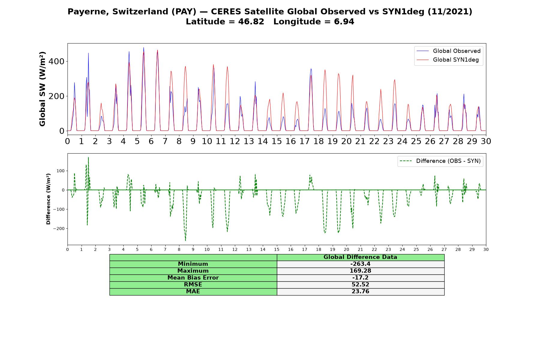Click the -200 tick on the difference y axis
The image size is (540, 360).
click(59, 229)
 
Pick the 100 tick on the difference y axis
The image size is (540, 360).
click(61, 171)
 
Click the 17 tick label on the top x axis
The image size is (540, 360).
click(304, 141)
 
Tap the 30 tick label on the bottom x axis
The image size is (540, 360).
click(486, 250)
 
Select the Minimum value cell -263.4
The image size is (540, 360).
click(360, 264)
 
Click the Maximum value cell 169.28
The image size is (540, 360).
click(360, 271)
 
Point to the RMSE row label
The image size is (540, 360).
click(193, 285)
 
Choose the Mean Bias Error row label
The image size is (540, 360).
click(193, 278)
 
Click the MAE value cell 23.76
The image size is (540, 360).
click(360, 292)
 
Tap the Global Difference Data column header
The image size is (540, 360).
click(360, 257)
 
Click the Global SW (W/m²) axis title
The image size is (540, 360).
click(42, 89)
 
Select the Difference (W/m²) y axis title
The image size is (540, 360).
click(48, 199)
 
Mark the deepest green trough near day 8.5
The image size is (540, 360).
click(185, 241)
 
